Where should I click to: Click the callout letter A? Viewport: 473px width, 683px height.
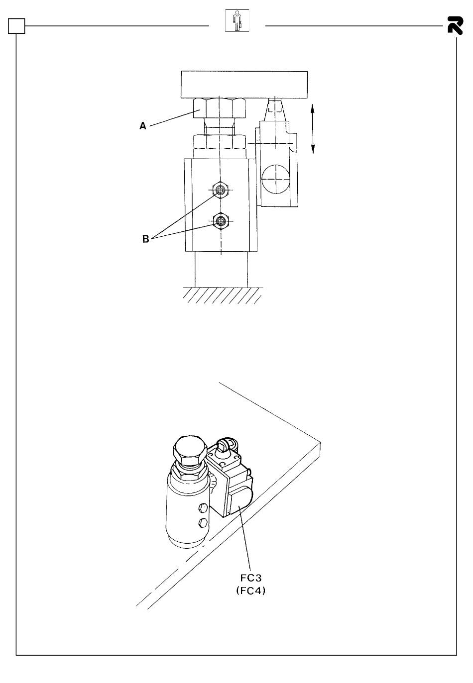[x=143, y=126]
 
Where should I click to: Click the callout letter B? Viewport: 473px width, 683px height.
[x=145, y=239]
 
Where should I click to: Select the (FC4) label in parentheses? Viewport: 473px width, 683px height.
[x=251, y=590]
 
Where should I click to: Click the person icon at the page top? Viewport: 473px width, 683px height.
[x=237, y=20]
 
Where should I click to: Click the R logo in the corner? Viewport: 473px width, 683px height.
[x=455, y=25]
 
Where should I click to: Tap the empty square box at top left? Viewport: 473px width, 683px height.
[x=16, y=26]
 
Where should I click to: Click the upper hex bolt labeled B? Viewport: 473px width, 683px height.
[x=220, y=190]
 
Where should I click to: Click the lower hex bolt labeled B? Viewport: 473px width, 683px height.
[x=220, y=221]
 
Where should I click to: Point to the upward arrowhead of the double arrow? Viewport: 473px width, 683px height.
[x=313, y=108]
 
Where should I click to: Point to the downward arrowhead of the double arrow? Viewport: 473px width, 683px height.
[x=313, y=149]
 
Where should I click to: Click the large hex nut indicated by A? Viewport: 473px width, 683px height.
[x=220, y=108]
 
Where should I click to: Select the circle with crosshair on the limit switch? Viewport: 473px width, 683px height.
[x=275, y=179]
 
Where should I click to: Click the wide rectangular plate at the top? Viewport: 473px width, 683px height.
[x=244, y=85]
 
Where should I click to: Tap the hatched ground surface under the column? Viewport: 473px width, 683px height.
[x=222, y=295]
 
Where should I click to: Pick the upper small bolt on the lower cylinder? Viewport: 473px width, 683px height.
[x=203, y=507]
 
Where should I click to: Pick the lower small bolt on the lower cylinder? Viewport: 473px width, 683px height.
[x=202, y=523]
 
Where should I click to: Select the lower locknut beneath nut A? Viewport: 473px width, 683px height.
[x=220, y=142]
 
